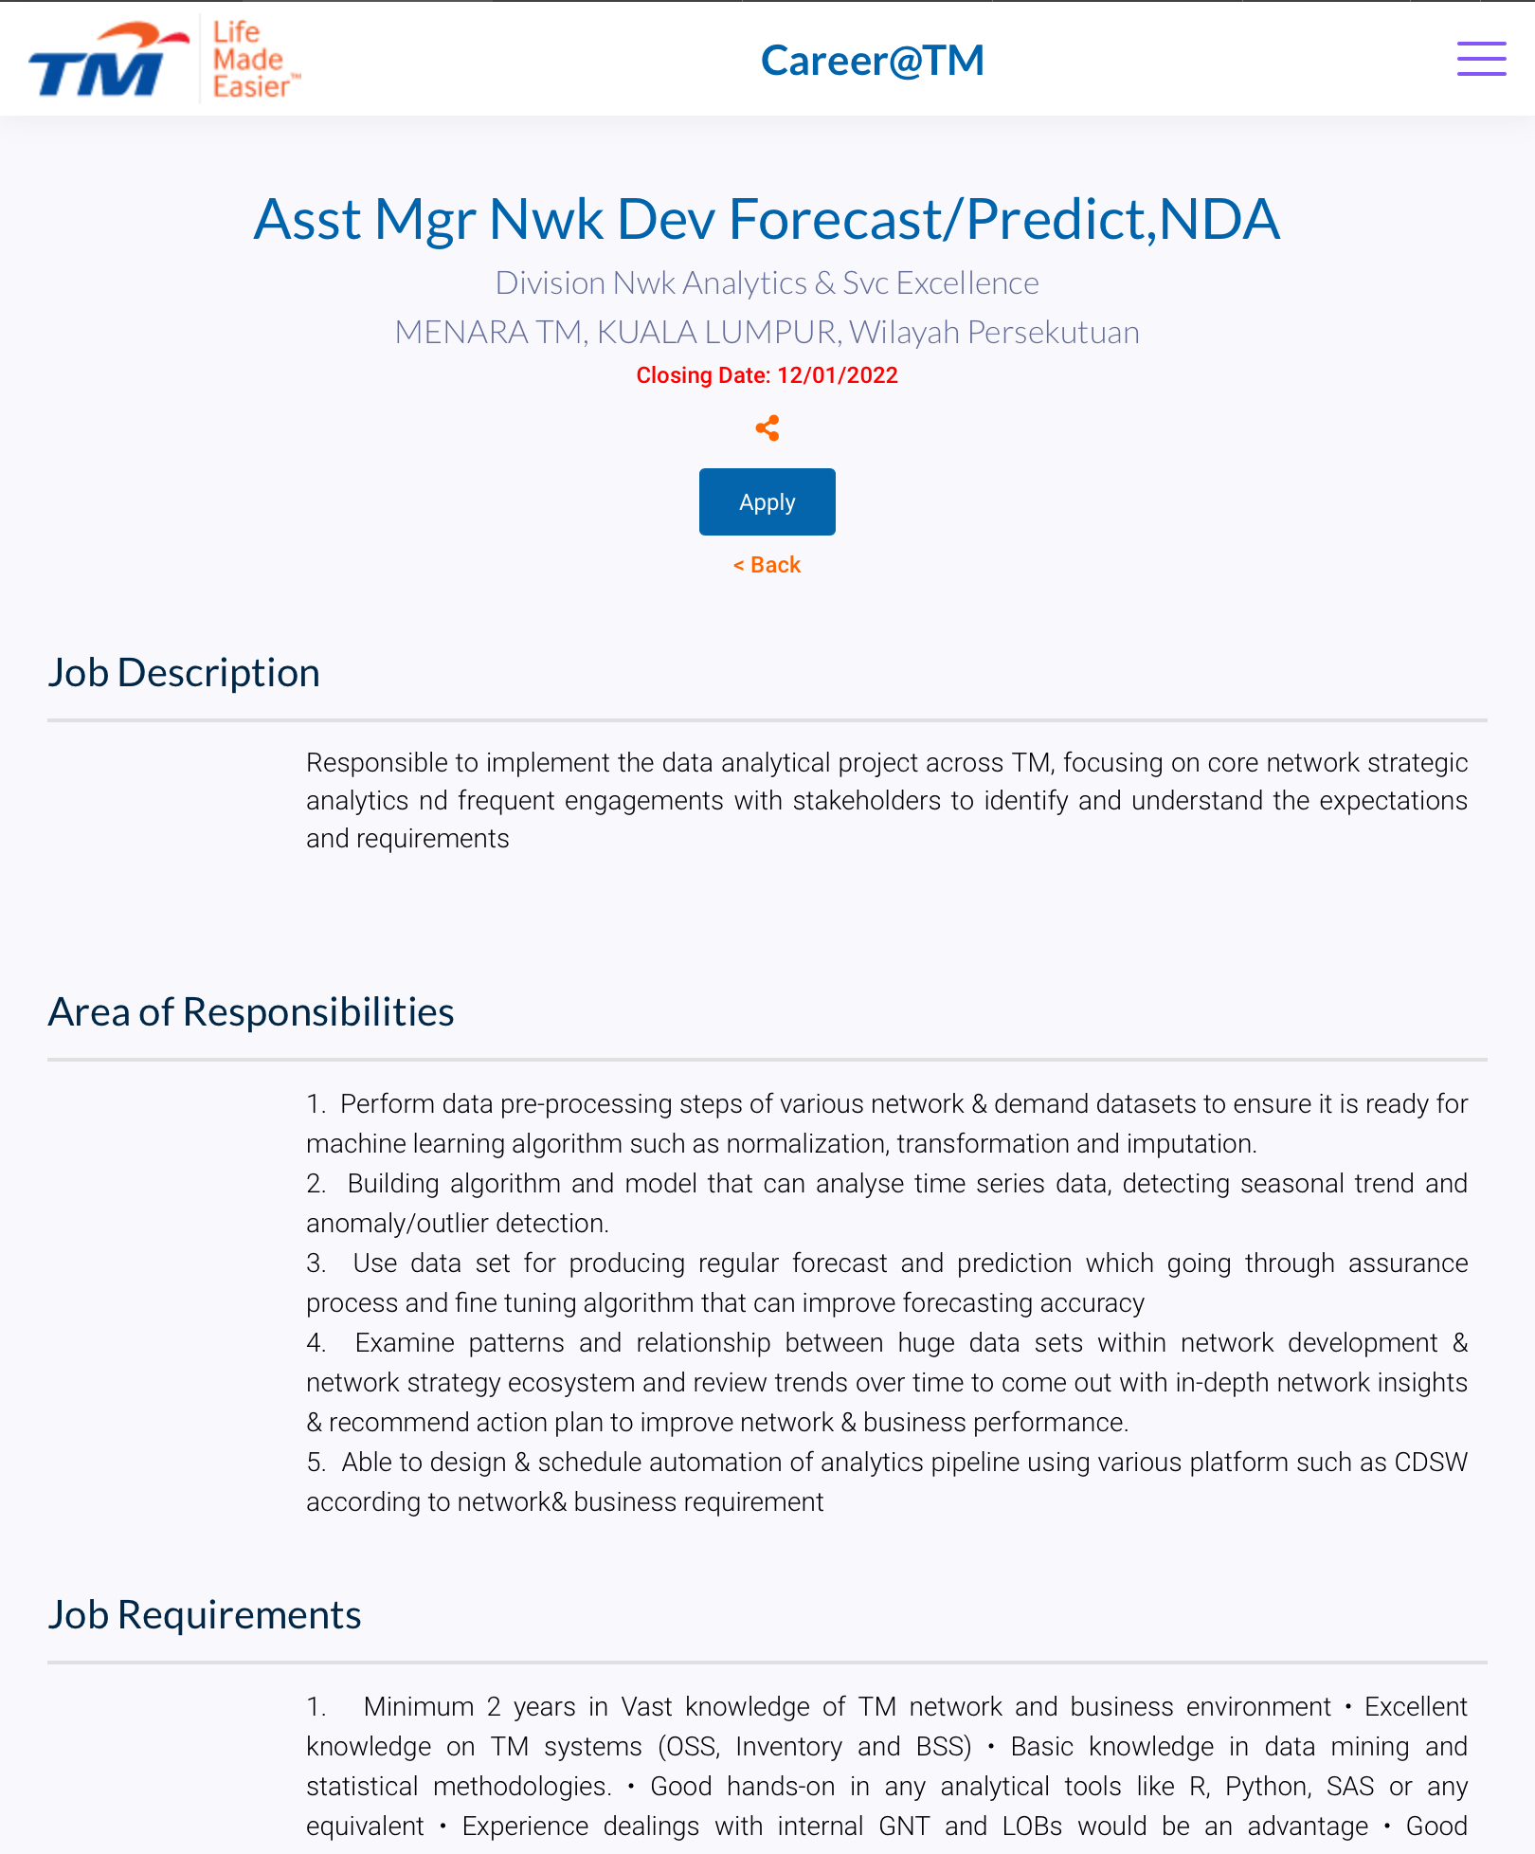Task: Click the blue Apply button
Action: pos(767,501)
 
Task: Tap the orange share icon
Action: pos(767,428)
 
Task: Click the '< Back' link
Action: pos(767,565)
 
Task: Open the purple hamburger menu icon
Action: pos(1481,59)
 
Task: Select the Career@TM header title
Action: pos(872,61)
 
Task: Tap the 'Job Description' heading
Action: pos(184,672)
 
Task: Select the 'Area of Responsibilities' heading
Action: pos(251,1011)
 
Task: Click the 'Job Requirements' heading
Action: pos(205,1614)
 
